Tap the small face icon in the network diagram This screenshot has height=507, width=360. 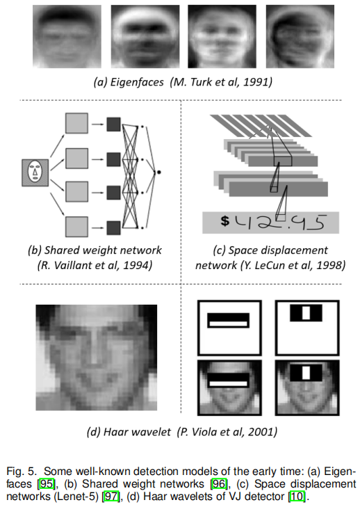click(34, 170)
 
